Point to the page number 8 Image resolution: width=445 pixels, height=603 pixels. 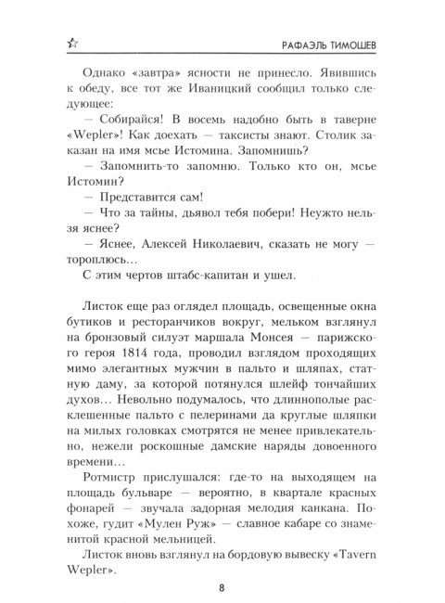(222, 584)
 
